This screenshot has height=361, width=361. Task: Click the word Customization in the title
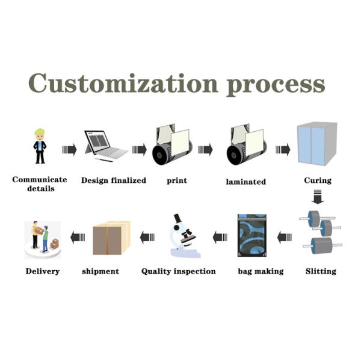click(123, 83)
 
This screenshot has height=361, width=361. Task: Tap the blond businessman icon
click(40, 146)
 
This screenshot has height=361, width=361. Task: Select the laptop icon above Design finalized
click(105, 146)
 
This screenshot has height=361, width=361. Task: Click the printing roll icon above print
click(172, 145)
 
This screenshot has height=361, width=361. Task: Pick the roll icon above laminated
click(247, 145)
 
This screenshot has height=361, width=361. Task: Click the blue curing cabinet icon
click(317, 144)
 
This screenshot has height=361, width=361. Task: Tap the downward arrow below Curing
click(318, 197)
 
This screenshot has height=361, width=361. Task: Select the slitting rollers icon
click(321, 232)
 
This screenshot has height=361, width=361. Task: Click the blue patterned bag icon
click(252, 235)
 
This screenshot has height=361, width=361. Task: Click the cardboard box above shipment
click(111, 238)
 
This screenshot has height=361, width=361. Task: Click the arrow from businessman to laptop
click(69, 150)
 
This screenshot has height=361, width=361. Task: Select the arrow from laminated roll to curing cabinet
click(283, 150)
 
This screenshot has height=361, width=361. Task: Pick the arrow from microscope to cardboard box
click(147, 238)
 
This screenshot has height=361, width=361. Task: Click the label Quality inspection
click(179, 272)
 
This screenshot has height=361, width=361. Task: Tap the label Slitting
click(321, 271)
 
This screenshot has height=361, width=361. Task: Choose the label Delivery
click(43, 271)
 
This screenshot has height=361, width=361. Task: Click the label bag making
click(261, 272)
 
